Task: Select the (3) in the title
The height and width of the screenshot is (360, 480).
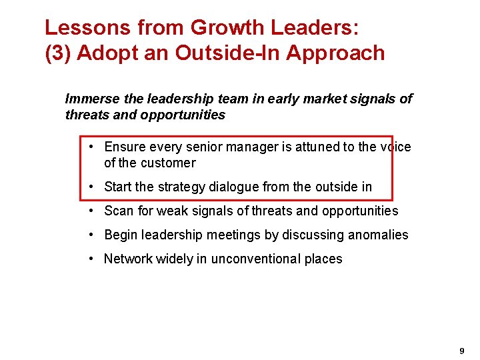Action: (x=58, y=53)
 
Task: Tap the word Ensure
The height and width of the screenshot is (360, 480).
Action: (x=125, y=147)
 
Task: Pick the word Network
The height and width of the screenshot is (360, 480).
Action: (x=128, y=259)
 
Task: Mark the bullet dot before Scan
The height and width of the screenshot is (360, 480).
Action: (x=90, y=211)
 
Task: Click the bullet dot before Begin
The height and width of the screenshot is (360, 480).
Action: (x=90, y=235)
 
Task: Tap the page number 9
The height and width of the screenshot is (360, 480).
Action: (x=462, y=351)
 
